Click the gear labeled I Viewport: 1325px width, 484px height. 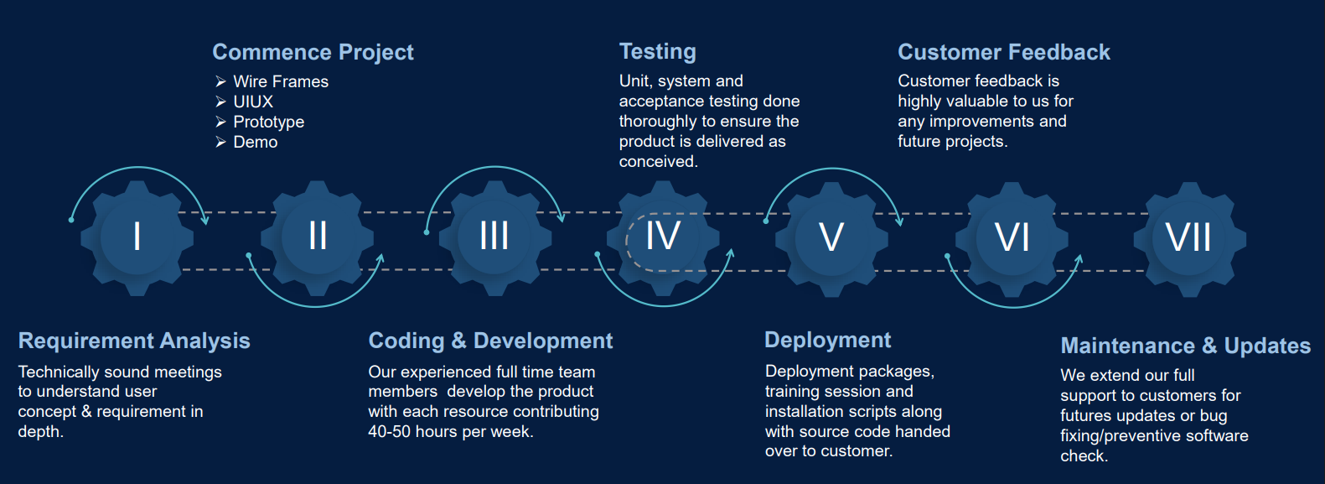(137, 238)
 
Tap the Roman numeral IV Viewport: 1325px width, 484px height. (662, 236)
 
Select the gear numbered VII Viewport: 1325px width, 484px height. (1189, 239)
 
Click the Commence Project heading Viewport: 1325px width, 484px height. (313, 52)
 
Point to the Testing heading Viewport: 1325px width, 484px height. (658, 52)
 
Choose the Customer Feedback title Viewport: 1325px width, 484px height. (1004, 52)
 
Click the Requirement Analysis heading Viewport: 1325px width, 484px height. (134, 341)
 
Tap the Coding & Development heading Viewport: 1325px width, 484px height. (490, 341)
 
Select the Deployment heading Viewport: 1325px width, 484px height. (827, 341)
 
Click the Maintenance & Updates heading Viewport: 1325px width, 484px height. (1185, 346)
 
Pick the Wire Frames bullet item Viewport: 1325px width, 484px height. (281, 81)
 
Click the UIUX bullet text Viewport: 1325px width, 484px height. (253, 101)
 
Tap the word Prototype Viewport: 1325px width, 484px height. (268, 122)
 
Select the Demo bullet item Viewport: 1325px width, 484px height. (255, 142)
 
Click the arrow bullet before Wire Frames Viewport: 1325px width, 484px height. (220, 81)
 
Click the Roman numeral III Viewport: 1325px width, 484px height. (494, 236)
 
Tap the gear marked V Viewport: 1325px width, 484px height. (831, 239)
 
